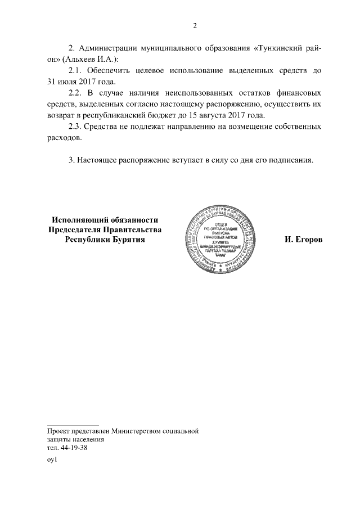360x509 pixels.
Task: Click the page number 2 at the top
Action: (195, 25)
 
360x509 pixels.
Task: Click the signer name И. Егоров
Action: (303, 240)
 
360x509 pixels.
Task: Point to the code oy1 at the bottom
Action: (52, 460)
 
